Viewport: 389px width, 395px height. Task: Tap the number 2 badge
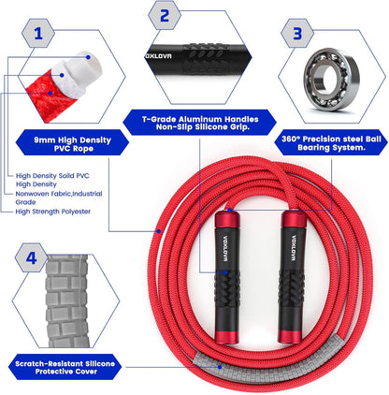point(165,15)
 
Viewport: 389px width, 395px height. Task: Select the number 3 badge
point(297,34)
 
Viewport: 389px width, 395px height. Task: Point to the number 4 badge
point(33,256)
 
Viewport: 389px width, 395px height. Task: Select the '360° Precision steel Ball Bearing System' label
point(331,141)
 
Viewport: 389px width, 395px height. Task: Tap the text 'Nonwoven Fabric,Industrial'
point(62,193)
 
